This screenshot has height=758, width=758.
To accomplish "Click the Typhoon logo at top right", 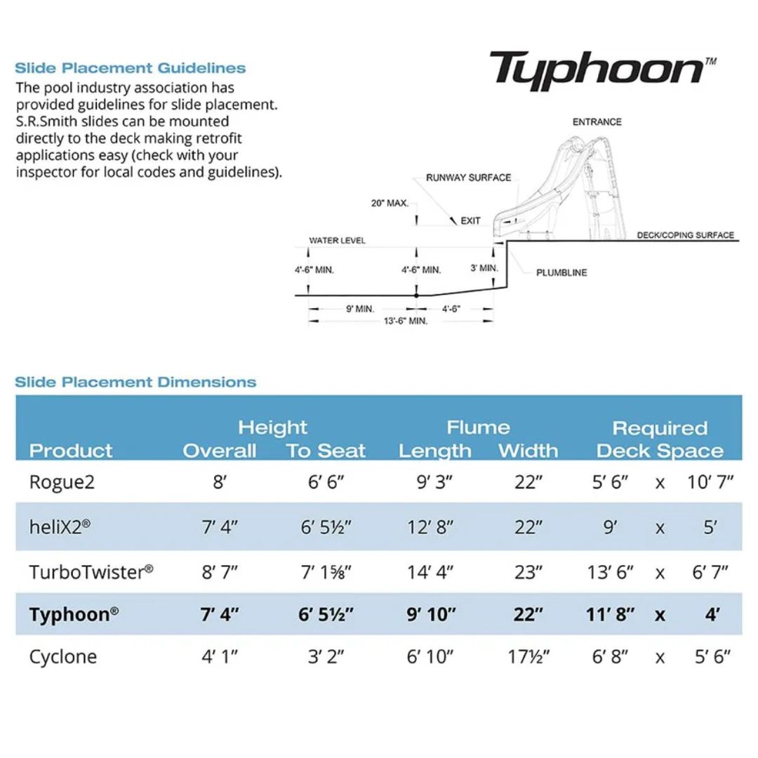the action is click(602, 70).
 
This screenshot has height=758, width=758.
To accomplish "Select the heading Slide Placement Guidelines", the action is click(130, 67).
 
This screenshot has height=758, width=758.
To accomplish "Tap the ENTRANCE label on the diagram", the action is click(597, 122).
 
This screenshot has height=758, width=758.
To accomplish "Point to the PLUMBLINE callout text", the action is click(561, 272).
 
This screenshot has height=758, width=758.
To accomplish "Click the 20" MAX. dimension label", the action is click(390, 203).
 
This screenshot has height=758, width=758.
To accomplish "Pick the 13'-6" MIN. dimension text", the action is click(406, 321).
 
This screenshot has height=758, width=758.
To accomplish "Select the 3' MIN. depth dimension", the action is click(484, 268).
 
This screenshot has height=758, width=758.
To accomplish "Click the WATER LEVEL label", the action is click(338, 240).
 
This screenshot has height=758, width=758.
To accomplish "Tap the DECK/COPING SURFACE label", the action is click(686, 235).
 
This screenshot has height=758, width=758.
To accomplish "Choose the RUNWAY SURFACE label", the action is click(468, 178).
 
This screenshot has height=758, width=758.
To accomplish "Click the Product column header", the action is click(71, 451).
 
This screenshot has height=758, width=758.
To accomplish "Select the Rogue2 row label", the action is click(62, 482).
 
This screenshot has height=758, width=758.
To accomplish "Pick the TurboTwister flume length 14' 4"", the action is click(430, 572).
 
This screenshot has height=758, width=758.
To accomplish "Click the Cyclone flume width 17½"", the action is click(528, 656).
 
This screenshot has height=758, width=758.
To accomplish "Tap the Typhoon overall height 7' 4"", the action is click(220, 614).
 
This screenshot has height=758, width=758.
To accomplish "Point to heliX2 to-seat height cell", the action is click(326, 527).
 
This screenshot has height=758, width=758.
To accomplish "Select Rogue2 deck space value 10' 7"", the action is click(710, 482).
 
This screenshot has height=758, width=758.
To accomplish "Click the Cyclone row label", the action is click(63, 657).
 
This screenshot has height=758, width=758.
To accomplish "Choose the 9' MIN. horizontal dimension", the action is click(360, 309).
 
